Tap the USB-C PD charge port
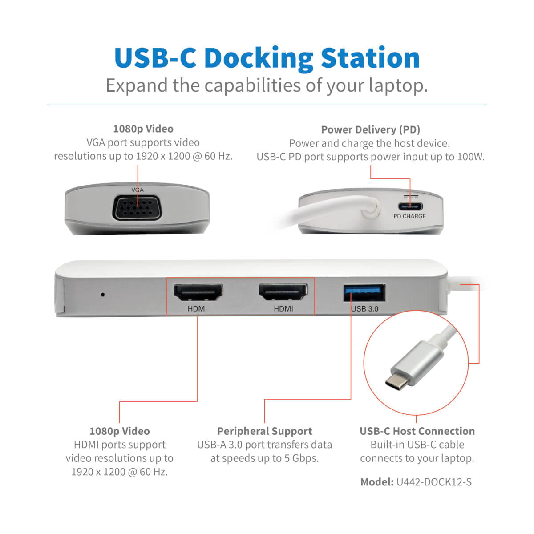click(x=410, y=206)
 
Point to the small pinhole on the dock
click(x=103, y=294)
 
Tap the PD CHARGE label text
click(x=409, y=216)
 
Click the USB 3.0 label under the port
click(x=364, y=309)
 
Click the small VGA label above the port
click(x=138, y=190)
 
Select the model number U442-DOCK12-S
click(x=434, y=482)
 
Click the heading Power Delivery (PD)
click(x=370, y=129)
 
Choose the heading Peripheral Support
click(x=264, y=431)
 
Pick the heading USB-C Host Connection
click(x=417, y=431)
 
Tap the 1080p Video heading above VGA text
click(x=143, y=129)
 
